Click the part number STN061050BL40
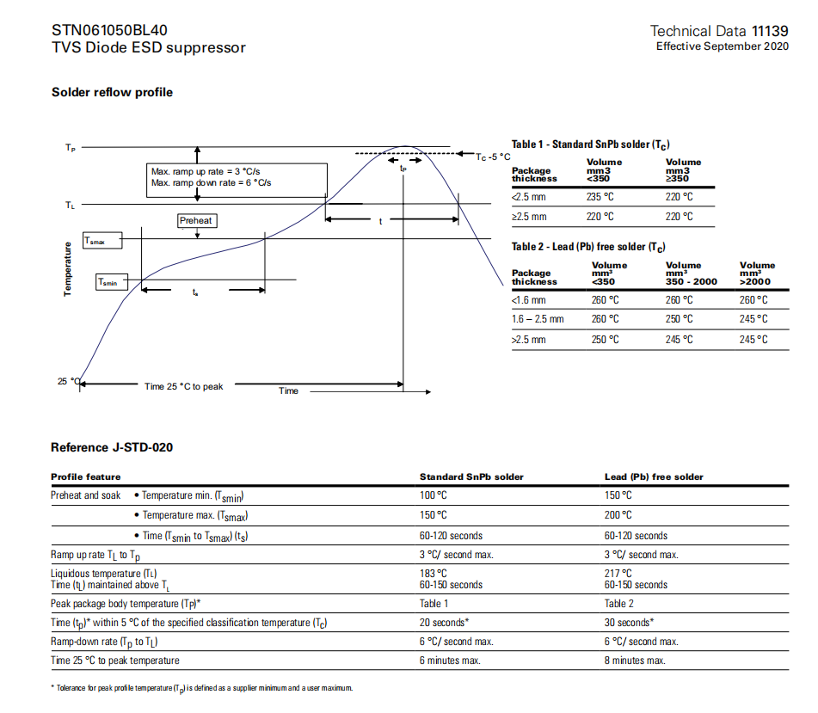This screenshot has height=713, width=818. [x=109, y=30]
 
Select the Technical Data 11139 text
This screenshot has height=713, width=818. [x=719, y=31]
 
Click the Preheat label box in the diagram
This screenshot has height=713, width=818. [x=196, y=221]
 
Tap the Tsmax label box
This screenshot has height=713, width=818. [x=102, y=242]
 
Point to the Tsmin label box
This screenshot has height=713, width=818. [x=111, y=281]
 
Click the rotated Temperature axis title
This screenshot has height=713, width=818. [x=67, y=269]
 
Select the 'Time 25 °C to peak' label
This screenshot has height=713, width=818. [x=183, y=386]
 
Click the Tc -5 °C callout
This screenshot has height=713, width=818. [x=493, y=157]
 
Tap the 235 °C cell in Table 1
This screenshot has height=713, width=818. [x=600, y=196]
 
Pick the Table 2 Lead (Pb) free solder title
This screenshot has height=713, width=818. [x=588, y=247]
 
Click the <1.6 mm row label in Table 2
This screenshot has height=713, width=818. [x=529, y=300]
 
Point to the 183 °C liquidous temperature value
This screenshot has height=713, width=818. [x=434, y=573]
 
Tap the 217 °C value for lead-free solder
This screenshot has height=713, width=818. [x=618, y=573]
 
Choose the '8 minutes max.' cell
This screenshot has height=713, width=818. [x=635, y=661]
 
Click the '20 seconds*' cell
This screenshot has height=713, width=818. [x=444, y=623]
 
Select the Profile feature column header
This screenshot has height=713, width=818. [x=86, y=476]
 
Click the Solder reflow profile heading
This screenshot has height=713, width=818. [x=112, y=92]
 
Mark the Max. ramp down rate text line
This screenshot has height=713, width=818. [x=212, y=182]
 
